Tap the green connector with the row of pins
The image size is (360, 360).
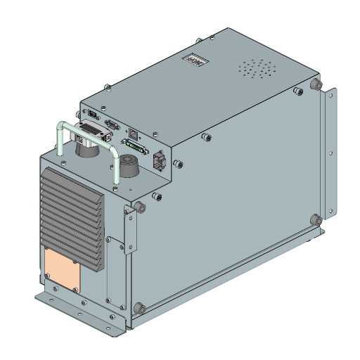coord(136,148)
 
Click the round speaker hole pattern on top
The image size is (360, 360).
coord(258,69)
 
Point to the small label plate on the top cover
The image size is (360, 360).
coord(194,59)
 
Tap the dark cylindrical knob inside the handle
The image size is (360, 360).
coord(129,167)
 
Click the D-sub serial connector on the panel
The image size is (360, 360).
coord(110,124)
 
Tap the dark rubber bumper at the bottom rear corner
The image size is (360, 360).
coord(317,219)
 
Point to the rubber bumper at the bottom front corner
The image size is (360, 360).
coord(139,308)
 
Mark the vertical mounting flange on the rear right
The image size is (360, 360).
coord(329,155)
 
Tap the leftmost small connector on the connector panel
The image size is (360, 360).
coord(92,114)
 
